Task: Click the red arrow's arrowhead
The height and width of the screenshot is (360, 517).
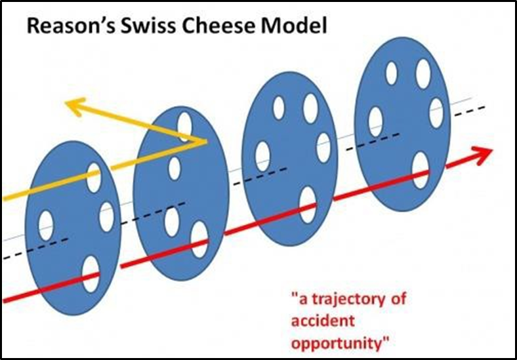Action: tap(484, 155)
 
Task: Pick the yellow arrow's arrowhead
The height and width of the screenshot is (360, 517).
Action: tap(73, 106)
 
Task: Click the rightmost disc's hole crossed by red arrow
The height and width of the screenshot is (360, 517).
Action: tap(421, 170)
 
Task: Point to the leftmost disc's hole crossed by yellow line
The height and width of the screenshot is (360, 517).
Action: tap(93, 177)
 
